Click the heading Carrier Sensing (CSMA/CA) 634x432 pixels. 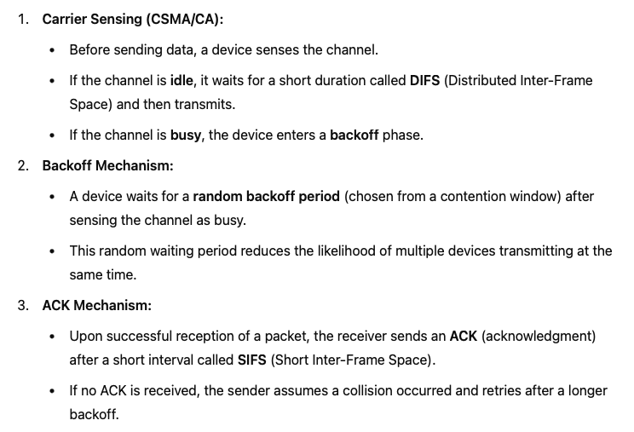pos(127,20)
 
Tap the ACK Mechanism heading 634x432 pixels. pos(96,305)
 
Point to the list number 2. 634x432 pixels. pos(23,165)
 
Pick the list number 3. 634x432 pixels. pos(23,305)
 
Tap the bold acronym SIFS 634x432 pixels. pos(252,360)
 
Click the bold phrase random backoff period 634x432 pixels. pos(267,196)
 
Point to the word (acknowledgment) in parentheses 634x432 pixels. pos(539,336)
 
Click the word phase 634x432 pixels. pos(402,135)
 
